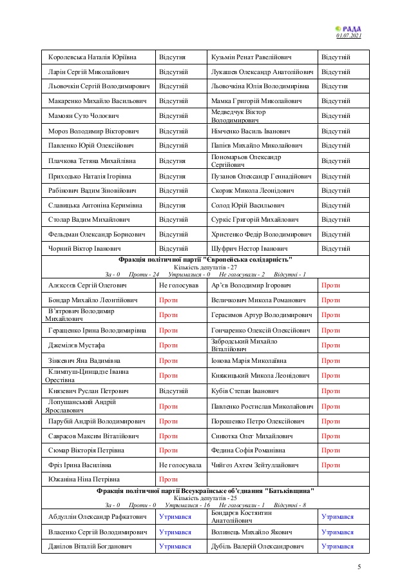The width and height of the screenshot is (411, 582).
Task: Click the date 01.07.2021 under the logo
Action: click(349, 35)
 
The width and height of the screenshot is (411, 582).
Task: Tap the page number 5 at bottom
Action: click(359, 567)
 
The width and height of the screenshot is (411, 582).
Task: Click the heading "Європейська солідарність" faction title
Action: click(205, 259)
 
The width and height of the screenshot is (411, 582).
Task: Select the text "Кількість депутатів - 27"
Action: click(205, 266)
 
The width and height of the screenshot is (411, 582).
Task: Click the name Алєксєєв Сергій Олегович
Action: click(87, 284)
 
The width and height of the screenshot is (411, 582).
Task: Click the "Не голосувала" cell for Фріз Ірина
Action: click(180, 465)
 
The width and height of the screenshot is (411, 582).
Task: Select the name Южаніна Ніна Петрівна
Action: click(82, 480)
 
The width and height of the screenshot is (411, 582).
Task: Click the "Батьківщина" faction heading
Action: click(205, 490)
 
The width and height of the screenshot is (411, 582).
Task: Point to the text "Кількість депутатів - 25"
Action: click(205, 498)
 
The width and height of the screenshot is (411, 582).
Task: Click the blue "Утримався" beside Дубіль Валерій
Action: click(337, 547)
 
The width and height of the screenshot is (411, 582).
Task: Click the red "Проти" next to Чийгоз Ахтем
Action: click(330, 465)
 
